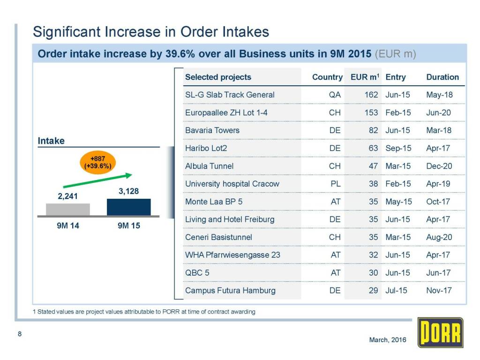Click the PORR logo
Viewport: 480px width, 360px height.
(440, 333)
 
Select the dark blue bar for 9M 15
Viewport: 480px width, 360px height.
(128, 207)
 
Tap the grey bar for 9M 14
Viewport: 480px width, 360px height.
(67, 209)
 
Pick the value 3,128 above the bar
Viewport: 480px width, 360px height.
(128, 192)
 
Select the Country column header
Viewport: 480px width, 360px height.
(327, 77)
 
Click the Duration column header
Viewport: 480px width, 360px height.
(442, 77)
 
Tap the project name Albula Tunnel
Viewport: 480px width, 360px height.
(209, 166)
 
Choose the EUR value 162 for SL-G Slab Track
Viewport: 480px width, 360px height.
(371, 95)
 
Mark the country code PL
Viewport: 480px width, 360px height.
(335, 184)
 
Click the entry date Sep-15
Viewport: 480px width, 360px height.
(398, 148)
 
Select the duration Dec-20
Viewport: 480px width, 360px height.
(439, 166)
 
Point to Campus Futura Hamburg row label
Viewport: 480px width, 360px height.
(230, 290)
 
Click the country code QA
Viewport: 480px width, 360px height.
(335, 95)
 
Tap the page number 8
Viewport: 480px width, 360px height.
(19, 334)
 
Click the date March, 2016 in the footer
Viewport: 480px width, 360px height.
(388, 339)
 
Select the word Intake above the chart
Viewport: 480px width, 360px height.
(51, 141)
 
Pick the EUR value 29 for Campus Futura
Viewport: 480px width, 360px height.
(373, 290)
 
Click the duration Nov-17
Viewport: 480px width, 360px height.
(439, 290)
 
